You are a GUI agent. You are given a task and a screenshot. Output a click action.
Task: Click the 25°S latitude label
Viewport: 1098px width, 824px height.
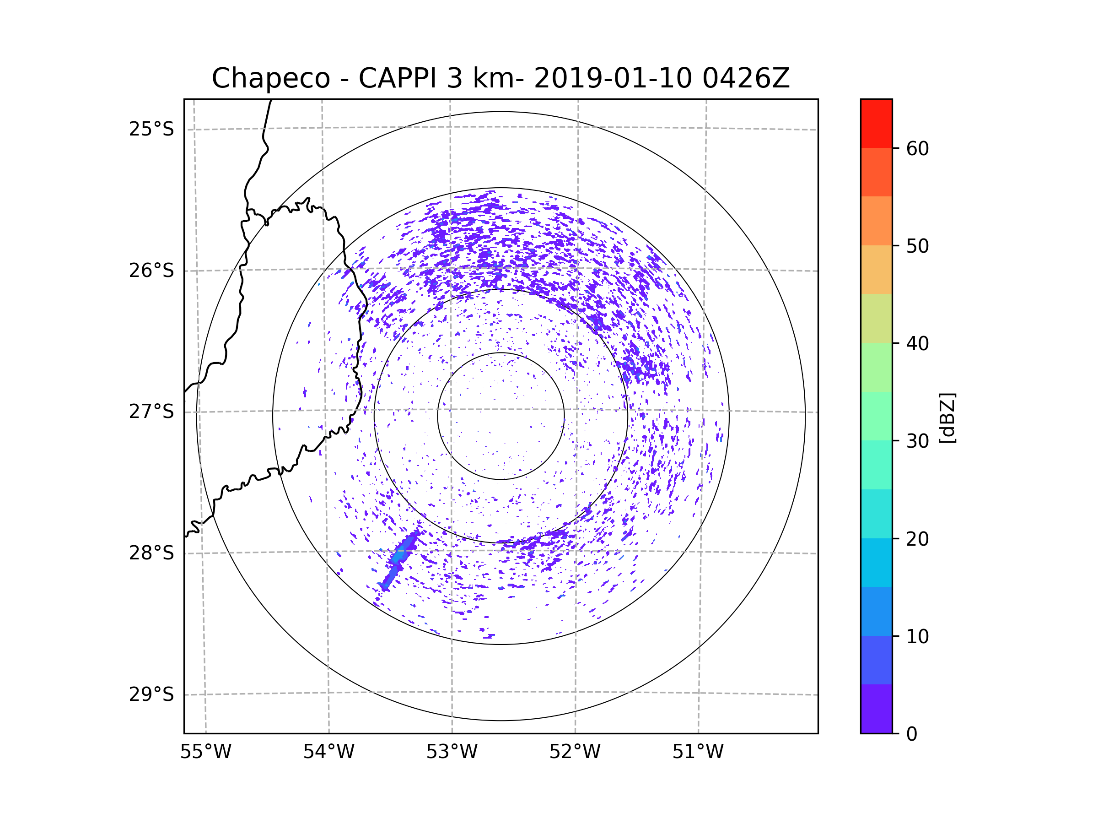point(151,129)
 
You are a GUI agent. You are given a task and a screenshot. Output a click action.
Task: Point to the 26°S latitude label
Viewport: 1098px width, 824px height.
point(151,271)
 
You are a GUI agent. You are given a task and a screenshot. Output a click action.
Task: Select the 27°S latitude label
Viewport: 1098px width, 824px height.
point(151,412)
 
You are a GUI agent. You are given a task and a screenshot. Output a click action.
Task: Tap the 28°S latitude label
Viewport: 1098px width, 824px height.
point(151,553)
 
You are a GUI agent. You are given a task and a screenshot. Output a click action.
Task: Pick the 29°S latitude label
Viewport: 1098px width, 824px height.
point(151,694)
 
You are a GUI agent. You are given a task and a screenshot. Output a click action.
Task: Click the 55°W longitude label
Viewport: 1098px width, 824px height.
point(205,752)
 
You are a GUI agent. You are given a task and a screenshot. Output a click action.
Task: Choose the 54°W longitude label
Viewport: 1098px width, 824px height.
point(328,752)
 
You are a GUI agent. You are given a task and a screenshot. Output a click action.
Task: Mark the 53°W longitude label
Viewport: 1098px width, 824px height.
point(452,752)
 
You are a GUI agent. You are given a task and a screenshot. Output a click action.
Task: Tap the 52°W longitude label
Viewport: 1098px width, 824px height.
point(575,752)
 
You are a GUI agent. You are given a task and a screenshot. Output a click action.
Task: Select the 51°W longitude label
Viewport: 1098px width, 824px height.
point(698,752)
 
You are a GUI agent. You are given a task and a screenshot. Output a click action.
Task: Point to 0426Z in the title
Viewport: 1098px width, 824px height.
point(746,78)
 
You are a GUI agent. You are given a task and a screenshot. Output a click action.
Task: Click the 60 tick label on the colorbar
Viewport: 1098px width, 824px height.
point(917,148)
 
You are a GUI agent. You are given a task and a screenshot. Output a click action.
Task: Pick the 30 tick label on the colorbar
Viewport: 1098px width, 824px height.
point(917,441)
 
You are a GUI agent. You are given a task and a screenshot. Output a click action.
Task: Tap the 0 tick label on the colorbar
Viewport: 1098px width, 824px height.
point(912,734)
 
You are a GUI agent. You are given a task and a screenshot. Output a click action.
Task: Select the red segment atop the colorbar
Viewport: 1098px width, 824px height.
point(876,123)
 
